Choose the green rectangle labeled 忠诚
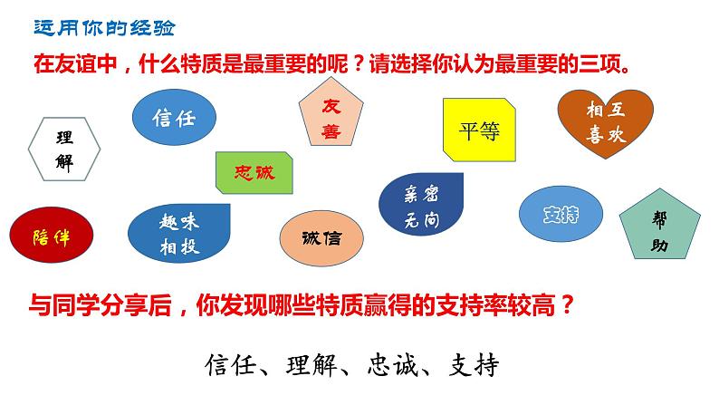(x=254, y=172)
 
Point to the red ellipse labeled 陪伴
(x=51, y=235)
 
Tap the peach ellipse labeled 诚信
(x=322, y=238)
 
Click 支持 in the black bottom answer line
(x=475, y=366)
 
